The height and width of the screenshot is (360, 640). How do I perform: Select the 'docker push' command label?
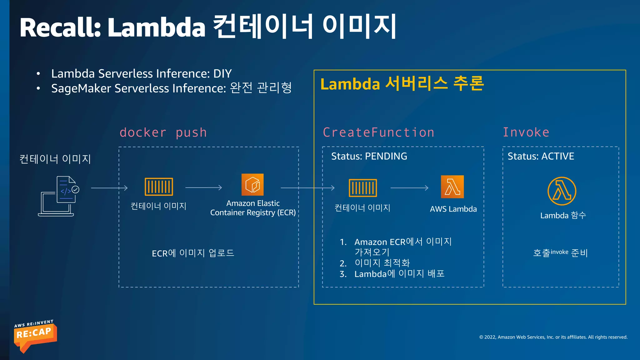point(163,132)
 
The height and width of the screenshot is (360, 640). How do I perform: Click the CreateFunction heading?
point(378,132)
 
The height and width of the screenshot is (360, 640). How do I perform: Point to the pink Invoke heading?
point(526,132)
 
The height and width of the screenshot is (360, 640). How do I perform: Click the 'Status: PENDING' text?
point(369,156)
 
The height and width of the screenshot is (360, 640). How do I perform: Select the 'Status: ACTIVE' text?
point(541,156)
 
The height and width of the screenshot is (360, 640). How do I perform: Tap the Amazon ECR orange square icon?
point(252,185)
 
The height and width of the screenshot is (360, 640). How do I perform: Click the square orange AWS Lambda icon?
point(452,187)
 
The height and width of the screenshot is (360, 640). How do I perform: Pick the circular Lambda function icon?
point(562,191)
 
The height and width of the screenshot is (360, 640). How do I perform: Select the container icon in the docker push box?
point(159,187)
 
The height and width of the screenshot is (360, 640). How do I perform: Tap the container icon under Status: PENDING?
point(363,188)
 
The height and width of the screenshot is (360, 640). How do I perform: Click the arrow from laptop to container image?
point(109,188)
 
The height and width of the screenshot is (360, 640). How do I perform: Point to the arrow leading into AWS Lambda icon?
point(409,188)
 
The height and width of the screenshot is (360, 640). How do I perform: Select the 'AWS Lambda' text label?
point(453,209)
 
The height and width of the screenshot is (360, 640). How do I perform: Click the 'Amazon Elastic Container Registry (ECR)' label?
point(253,208)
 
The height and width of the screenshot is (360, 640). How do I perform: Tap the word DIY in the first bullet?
point(222,74)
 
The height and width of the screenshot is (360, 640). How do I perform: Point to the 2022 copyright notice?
point(553,337)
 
